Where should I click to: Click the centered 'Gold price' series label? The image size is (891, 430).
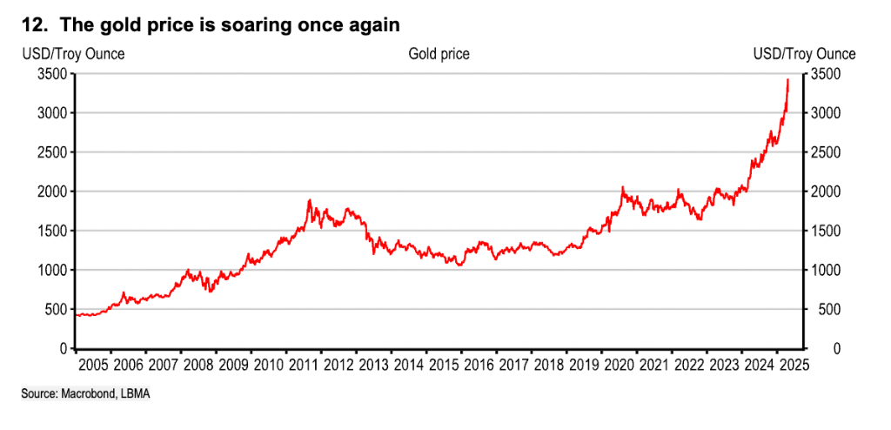click(439, 54)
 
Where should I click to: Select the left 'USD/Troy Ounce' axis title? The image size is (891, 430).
click(73, 54)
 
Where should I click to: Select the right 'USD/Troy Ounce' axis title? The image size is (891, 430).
click(804, 54)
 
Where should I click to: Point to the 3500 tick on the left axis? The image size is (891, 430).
click(51, 75)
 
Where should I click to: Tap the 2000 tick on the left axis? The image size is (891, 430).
click(51, 191)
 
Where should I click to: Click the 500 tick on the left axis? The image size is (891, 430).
click(55, 309)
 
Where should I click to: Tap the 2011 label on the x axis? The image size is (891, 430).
click(303, 364)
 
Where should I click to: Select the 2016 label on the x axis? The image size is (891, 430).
click(479, 364)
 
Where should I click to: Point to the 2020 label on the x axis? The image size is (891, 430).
click(619, 364)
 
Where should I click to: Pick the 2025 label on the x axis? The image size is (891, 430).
click(794, 364)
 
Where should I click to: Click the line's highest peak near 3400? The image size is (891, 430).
click(787, 80)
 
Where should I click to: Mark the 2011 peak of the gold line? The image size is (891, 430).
click(309, 201)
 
